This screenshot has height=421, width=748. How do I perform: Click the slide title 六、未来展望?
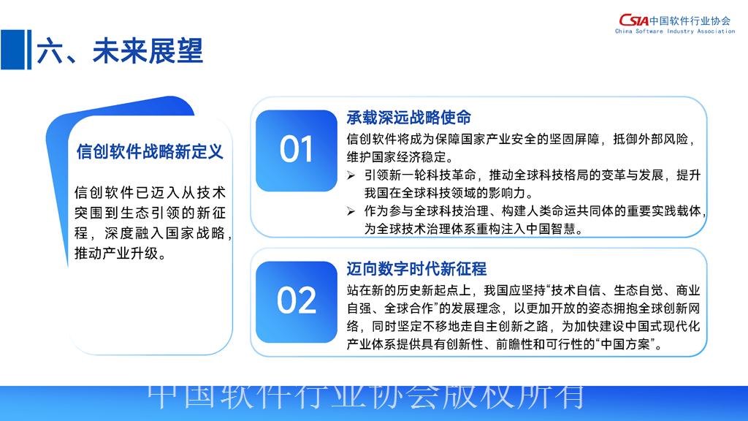[x=120, y=50]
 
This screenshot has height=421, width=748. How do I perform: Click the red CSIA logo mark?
[x=633, y=20]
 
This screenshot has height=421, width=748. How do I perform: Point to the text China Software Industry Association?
[x=675, y=31]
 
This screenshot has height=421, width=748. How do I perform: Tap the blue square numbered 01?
[x=297, y=151]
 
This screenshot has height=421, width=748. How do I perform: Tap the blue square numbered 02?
[x=297, y=302]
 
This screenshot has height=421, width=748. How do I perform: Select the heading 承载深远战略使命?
[x=409, y=118]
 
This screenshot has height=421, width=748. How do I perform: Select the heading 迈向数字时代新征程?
[x=416, y=269]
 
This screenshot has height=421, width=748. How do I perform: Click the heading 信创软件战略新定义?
[x=150, y=152]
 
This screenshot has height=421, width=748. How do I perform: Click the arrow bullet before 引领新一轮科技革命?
[x=351, y=175]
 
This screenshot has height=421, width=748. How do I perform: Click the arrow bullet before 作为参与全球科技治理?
[x=351, y=211]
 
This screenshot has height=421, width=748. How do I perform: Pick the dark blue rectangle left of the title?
[x=12, y=50]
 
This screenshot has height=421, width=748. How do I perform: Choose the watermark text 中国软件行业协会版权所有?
[x=366, y=397]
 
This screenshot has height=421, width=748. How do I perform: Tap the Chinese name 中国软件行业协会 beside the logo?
[x=690, y=20]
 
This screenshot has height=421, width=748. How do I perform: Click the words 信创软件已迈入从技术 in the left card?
[x=150, y=193]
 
